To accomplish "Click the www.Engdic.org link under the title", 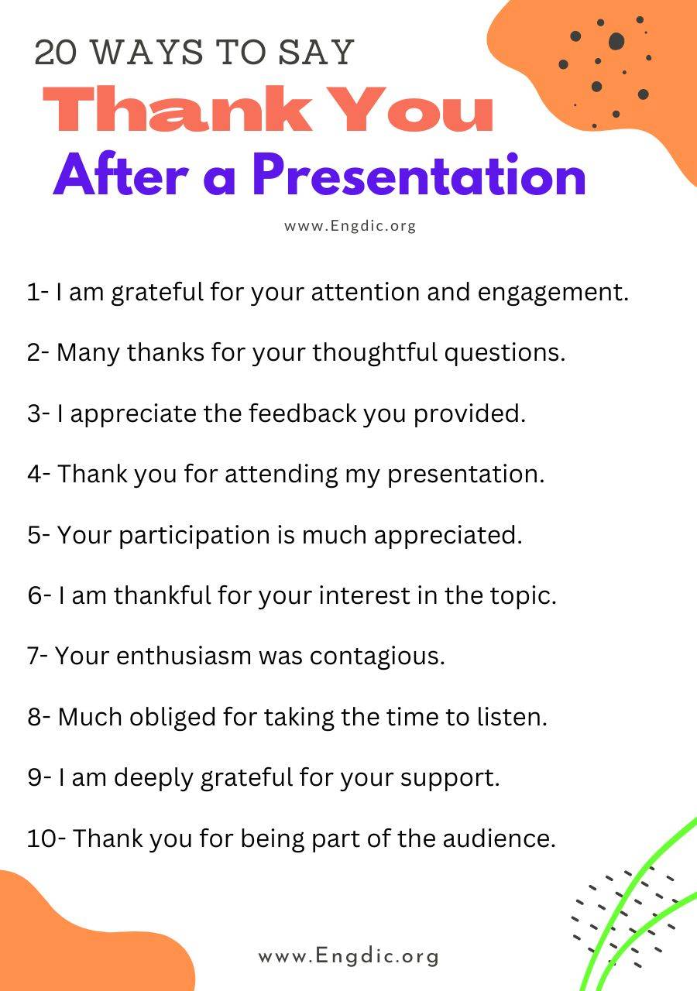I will pyautogui.click(x=350, y=226).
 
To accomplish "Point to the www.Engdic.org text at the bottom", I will pyautogui.click(x=348, y=956).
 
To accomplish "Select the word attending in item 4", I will pyautogui.click(x=281, y=474).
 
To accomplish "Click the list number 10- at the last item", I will pyautogui.click(x=46, y=838).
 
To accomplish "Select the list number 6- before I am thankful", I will pyautogui.click(x=39, y=595).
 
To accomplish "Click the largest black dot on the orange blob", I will pyautogui.click(x=616, y=41).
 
